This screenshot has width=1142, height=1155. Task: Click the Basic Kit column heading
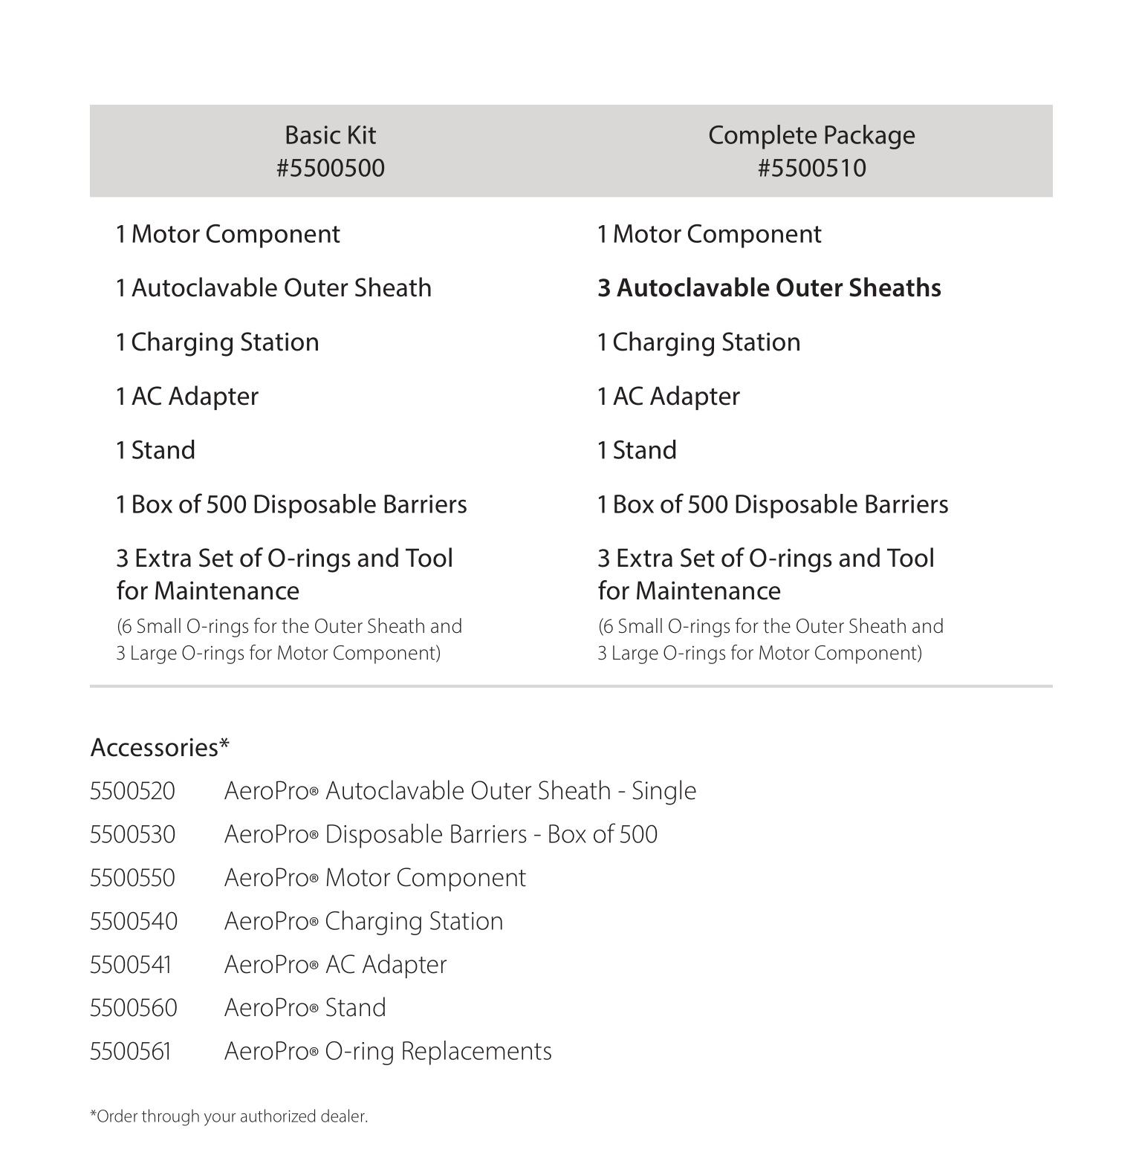pos(330,135)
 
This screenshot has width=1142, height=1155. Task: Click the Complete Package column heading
pos(811,135)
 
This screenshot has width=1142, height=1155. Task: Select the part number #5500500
pos(331,168)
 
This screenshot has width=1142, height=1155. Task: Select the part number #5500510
pos(811,168)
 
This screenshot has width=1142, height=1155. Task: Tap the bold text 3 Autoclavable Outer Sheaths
pos(769,288)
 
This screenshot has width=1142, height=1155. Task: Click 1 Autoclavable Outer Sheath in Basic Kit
pos(273,288)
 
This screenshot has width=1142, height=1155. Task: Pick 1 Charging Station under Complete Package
pos(698,342)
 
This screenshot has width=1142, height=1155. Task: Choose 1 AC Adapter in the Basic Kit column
pos(187,397)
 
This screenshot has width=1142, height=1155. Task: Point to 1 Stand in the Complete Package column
pos(637,450)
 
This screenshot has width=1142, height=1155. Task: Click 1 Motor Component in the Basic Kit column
pos(228,235)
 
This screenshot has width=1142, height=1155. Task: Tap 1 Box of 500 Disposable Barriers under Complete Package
pos(773,504)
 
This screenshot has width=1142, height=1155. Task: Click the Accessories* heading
pos(160,747)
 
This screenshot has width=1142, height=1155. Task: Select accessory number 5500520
pos(132,791)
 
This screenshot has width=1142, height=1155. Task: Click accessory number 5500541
pos(131,965)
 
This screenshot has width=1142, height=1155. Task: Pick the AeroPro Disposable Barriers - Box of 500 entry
pos(441,835)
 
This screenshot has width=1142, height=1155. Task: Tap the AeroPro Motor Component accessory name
pos(374,878)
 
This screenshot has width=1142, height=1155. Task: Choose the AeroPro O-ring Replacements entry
pos(388,1052)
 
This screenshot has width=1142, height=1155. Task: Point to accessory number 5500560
pos(134,1008)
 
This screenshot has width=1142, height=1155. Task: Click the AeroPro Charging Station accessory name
pos(363,922)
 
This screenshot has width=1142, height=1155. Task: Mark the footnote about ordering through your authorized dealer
pos(229,1116)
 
